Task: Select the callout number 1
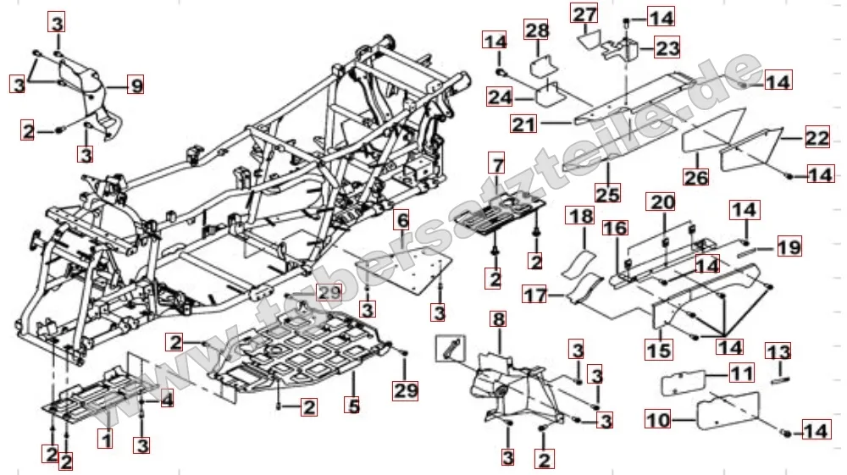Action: [105, 439]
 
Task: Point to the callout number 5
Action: [352, 406]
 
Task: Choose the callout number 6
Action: [402, 221]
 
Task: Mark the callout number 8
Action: [498, 320]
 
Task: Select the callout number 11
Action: [742, 373]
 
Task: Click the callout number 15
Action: [660, 349]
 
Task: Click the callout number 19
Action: [789, 247]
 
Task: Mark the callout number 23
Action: [667, 48]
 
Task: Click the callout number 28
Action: [536, 31]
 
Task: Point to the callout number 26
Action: [695, 179]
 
